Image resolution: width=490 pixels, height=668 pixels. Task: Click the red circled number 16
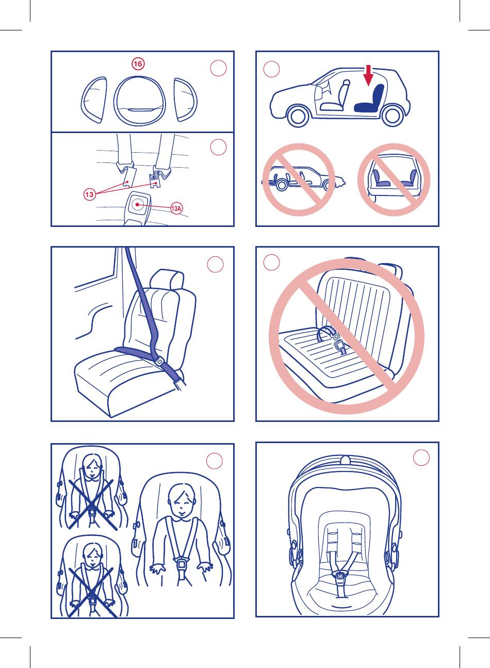(138, 64)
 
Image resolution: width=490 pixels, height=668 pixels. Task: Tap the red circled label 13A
(176, 208)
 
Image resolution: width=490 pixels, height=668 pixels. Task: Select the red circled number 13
(89, 195)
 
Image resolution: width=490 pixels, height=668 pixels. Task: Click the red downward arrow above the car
(369, 75)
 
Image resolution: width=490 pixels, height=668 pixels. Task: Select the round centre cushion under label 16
(139, 101)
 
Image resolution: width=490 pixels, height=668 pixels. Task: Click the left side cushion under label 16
(94, 100)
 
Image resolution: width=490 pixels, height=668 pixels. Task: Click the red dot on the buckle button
(137, 205)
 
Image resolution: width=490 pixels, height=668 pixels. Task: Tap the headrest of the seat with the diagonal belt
(167, 280)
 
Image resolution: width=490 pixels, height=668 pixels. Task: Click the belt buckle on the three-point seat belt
(159, 362)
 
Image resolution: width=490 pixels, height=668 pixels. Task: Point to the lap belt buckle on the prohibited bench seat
(340, 346)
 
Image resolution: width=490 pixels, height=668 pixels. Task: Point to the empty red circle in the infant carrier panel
(421, 458)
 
